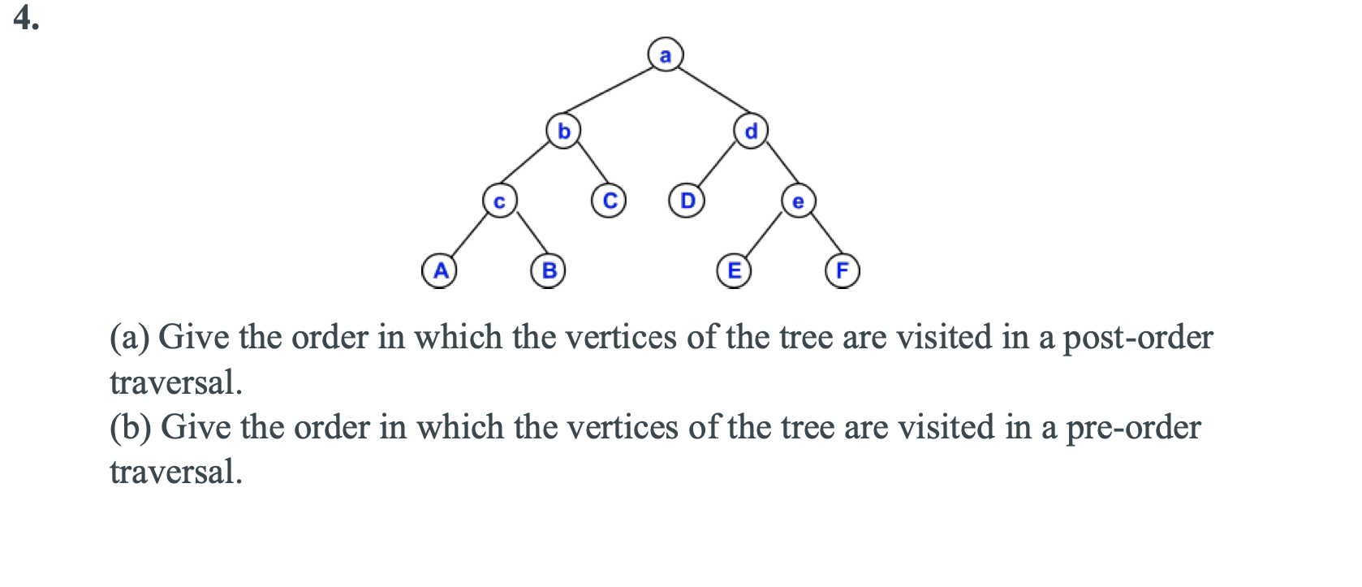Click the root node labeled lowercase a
tap(666, 55)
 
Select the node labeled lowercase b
tap(563, 131)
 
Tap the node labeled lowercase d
tap(752, 131)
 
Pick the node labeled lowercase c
tap(499, 201)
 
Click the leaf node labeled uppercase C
tap(609, 200)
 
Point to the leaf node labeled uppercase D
tap(687, 200)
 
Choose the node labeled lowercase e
tap(798, 201)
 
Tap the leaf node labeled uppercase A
tap(439, 270)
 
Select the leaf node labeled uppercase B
tap(549, 270)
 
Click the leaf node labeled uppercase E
tap(734, 270)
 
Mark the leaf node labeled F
tap(843, 270)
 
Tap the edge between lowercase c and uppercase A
tap(469, 235)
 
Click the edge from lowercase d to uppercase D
tap(718, 166)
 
